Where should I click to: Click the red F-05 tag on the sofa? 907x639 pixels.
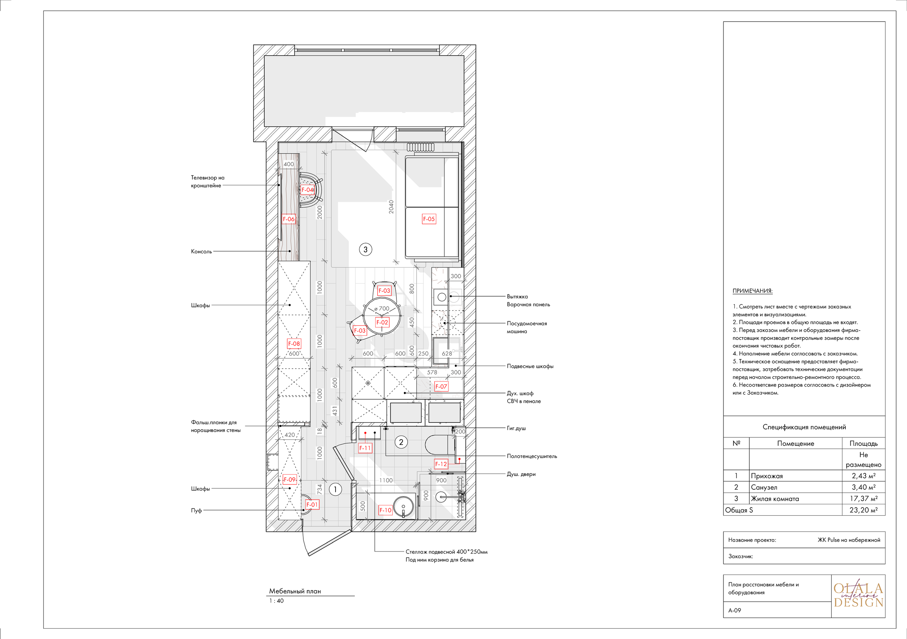[x=429, y=219]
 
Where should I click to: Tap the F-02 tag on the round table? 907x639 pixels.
[x=382, y=323]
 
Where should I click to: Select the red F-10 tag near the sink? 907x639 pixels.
[x=385, y=510]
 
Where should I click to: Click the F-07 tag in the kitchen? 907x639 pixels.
[x=441, y=386]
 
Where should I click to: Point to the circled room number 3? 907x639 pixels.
[x=365, y=250]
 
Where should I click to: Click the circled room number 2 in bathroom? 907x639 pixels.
[x=401, y=442]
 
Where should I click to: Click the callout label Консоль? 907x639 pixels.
[x=201, y=251]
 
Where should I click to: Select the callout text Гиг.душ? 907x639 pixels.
[x=516, y=428]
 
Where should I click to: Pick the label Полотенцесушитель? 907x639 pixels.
[x=532, y=456]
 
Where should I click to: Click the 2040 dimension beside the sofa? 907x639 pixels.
[x=391, y=207]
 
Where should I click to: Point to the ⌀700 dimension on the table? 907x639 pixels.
[x=382, y=309]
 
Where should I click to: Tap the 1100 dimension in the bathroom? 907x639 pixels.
[x=386, y=480]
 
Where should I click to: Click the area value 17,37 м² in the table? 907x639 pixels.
[x=863, y=499]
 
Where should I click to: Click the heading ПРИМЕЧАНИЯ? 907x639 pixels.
[x=752, y=291]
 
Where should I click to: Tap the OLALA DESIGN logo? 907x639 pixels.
[x=858, y=595]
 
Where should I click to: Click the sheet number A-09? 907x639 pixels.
[x=734, y=610]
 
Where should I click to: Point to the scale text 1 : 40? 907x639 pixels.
[x=276, y=601]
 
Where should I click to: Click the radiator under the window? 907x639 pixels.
[x=420, y=147]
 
